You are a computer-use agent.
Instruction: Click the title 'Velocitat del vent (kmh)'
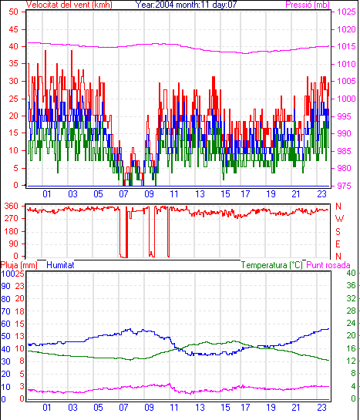(69, 5)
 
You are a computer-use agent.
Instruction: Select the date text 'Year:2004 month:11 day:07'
(186, 5)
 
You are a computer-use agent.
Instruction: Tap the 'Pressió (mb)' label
(308, 5)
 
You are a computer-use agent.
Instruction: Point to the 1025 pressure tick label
(346, 12)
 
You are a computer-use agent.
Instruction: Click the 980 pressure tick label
(344, 168)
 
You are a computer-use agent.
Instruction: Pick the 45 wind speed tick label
(13, 29)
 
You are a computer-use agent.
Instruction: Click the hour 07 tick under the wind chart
(124, 193)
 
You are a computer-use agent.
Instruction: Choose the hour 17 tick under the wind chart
(245, 193)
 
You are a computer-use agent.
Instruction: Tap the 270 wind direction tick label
(12, 218)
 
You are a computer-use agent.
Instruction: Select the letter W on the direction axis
(339, 219)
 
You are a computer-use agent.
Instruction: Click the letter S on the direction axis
(338, 231)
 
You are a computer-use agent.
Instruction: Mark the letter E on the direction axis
(338, 244)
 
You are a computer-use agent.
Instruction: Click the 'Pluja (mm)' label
(19, 265)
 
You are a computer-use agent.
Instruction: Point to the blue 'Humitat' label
(60, 265)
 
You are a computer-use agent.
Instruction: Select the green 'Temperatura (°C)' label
(271, 265)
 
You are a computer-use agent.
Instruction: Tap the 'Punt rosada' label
(328, 265)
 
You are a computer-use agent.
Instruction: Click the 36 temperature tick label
(351, 285)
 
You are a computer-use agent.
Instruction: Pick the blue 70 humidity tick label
(5, 311)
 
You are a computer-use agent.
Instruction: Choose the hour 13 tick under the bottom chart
(200, 408)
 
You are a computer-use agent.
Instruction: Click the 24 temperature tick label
(351, 324)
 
